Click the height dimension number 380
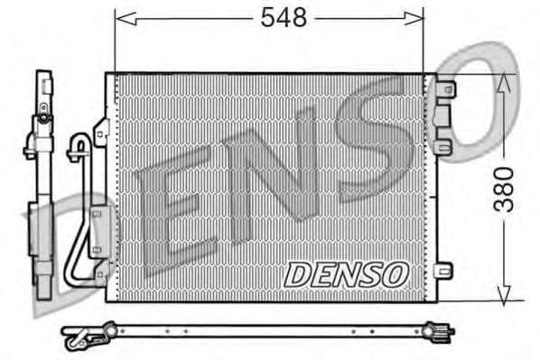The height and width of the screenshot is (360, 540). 506,189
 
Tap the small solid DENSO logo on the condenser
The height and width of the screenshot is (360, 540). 347,273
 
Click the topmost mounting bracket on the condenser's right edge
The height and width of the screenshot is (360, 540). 442,89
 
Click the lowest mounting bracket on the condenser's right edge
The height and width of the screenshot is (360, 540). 442,270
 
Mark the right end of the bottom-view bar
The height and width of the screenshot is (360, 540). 442,333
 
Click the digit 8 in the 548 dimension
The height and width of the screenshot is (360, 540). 299,17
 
